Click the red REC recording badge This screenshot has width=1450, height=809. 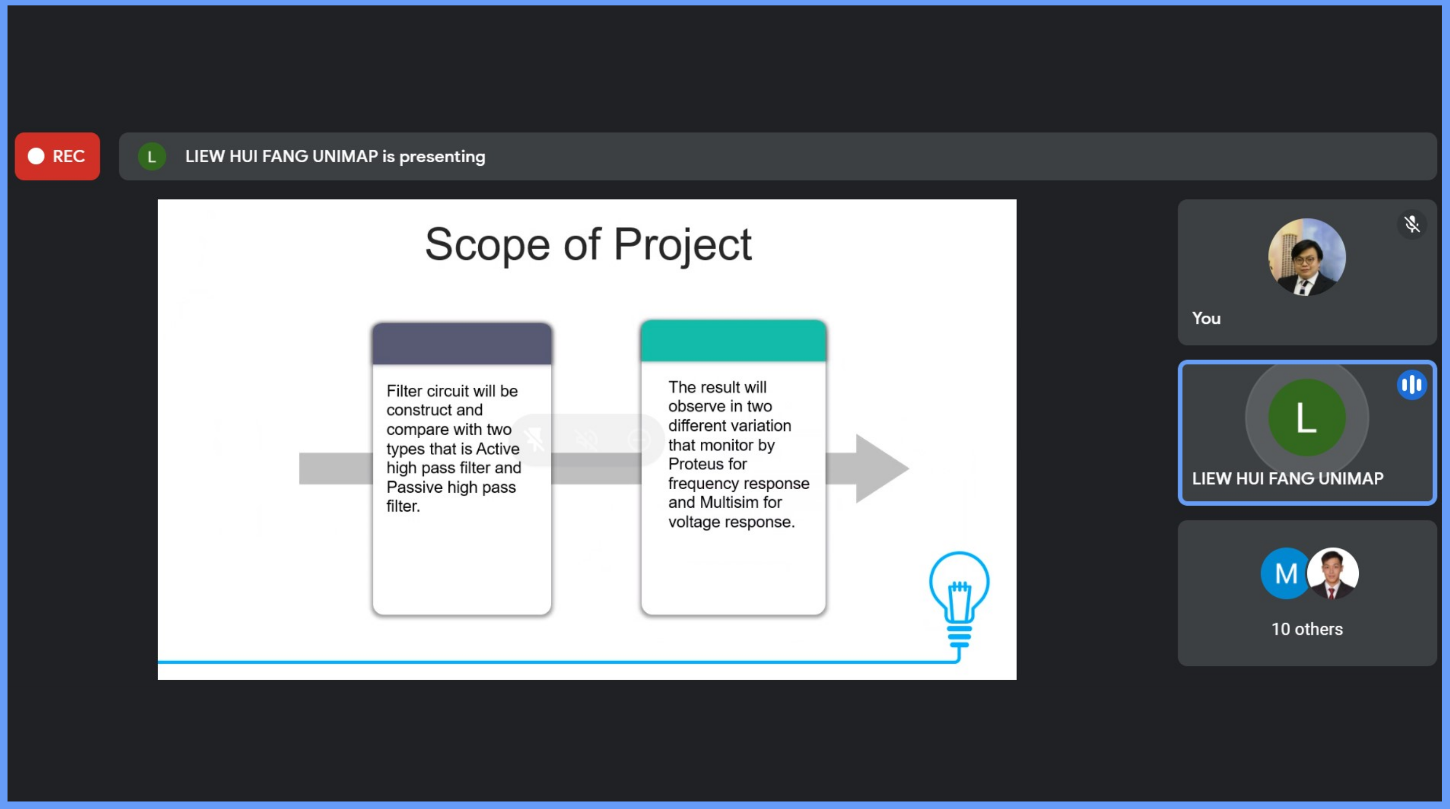click(57, 157)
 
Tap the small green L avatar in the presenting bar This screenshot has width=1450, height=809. click(151, 157)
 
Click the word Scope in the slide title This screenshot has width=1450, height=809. click(487, 244)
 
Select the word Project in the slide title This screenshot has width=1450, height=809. click(682, 245)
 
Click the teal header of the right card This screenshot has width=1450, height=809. click(733, 340)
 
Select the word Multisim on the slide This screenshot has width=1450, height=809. click(729, 502)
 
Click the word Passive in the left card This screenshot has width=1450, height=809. click(415, 487)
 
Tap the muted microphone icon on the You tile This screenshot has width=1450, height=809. click(1411, 225)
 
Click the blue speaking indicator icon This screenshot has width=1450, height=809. click(1411, 385)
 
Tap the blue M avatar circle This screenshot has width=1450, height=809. click(1286, 573)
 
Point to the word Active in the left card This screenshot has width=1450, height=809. click(498, 449)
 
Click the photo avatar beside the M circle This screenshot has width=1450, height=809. click(1333, 573)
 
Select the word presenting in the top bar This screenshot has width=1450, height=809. click(442, 157)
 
